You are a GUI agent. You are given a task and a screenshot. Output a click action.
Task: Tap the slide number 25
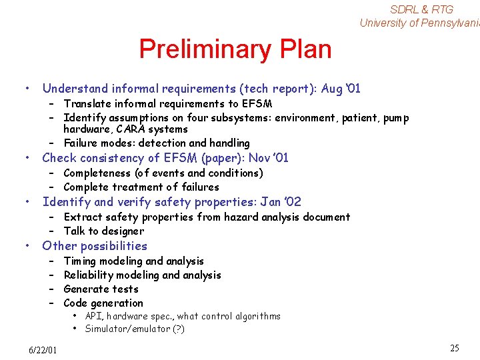(x=455, y=348)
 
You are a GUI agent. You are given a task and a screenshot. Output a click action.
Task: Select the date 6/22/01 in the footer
(x=43, y=350)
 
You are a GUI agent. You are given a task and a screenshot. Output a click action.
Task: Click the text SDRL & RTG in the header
(x=421, y=9)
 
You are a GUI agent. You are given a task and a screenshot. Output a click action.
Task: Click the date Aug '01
(x=341, y=89)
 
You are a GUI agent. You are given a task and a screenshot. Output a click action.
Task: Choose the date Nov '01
(x=269, y=158)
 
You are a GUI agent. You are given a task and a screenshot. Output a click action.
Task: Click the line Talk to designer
(x=103, y=231)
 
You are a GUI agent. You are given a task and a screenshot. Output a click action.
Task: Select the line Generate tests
(x=101, y=289)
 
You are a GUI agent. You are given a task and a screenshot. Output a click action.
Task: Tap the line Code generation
(x=103, y=303)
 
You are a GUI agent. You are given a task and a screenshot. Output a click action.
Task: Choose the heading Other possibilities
(x=95, y=246)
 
